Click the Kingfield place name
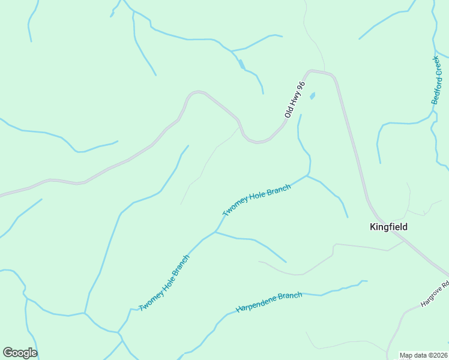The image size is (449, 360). click(x=388, y=227)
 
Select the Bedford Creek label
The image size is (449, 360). click(x=440, y=80)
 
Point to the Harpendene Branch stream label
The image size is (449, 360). click(x=268, y=302)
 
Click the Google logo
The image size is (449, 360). click(x=20, y=353)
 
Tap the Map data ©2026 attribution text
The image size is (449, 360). click(x=424, y=355)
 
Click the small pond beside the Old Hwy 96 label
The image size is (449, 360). click(x=312, y=96)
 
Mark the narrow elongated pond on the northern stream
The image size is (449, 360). click(x=241, y=64)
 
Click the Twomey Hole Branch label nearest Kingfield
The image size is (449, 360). click(x=257, y=201)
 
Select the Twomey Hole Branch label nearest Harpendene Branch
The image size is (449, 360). click(x=164, y=283)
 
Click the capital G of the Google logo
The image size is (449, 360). click(x=7, y=352)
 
